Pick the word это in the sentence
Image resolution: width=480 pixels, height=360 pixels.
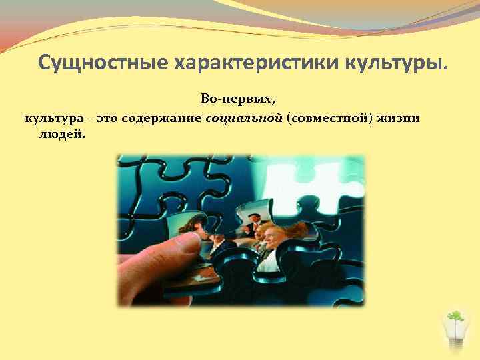coord(108,118)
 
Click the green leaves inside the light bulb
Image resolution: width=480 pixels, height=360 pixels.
coord(455,316)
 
